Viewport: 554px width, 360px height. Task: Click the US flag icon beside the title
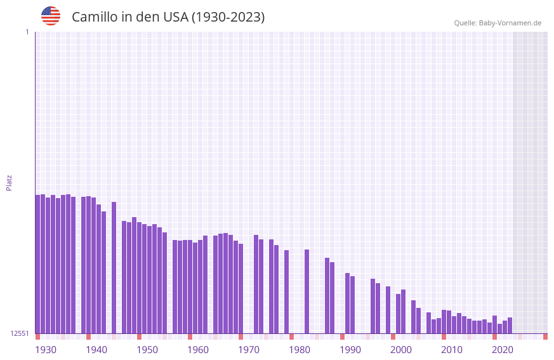[x=51, y=16]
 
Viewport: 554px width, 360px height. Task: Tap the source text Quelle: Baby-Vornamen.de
[x=498, y=23]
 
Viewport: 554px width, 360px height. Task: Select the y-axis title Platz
[x=9, y=182]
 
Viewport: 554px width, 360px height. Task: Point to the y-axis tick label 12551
[x=20, y=333]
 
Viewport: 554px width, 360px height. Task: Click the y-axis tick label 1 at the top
[x=27, y=32]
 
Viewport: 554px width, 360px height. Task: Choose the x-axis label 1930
[x=46, y=350]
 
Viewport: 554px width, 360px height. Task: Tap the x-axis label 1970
[x=249, y=350]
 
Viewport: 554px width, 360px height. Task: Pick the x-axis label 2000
[x=401, y=350]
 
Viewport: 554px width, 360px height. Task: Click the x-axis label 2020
[x=503, y=350]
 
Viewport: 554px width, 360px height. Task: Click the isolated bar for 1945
[x=114, y=267]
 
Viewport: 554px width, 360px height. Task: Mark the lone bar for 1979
[x=286, y=291]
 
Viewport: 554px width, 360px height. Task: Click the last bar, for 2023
[x=510, y=325]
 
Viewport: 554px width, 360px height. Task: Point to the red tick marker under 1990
[x=342, y=337]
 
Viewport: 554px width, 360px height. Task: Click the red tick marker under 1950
[x=139, y=337]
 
